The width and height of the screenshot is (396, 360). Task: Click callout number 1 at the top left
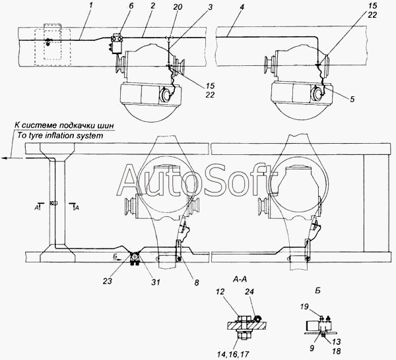click(91, 6)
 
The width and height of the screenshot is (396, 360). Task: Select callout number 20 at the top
click(178, 7)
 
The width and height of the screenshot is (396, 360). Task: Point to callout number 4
click(242, 7)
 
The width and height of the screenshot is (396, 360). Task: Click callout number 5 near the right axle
click(352, 99)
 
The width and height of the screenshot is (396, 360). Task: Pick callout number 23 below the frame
click(108, 281)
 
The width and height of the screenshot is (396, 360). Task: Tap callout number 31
click(156, 282)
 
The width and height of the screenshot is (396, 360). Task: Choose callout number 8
click(197, 282)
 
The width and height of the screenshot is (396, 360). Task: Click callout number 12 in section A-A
click(220, 291)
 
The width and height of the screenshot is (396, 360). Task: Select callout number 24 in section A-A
click(249, 291)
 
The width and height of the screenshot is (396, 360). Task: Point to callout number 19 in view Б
click(305, 307)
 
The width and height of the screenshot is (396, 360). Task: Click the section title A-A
click(240, 279)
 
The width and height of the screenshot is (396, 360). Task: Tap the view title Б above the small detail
click(317, 290)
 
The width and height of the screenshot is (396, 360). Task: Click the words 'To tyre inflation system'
click(60, 135)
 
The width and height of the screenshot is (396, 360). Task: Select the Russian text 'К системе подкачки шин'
click(64, 125)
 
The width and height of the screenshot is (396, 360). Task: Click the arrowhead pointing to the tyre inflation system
click(5, 158)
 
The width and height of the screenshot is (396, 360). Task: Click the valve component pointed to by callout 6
click(116, 44)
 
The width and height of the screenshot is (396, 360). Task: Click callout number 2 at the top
click(152, 7)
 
